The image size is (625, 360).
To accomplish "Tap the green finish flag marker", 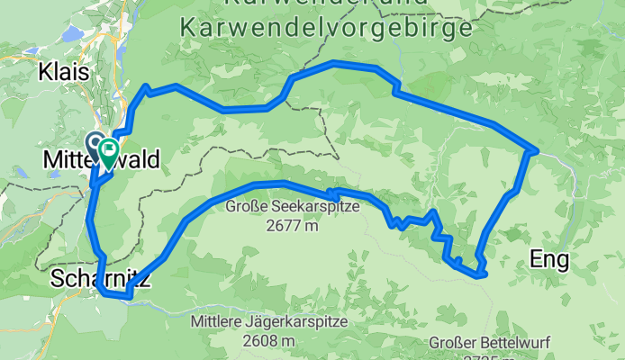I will [x=110, y=149].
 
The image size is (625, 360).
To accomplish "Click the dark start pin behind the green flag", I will [x=95, y=142].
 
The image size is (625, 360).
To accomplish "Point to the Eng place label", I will [x=550, y=261].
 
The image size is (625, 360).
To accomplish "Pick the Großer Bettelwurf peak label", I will [x=486, y=343].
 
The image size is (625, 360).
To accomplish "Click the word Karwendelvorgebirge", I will [x=326, y=28].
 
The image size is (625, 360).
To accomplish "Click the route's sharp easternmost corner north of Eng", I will [x=537, y=149].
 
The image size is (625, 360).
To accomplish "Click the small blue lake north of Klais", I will [x=73, y=34].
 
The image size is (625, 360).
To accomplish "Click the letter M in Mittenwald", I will [x=51, y=160].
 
